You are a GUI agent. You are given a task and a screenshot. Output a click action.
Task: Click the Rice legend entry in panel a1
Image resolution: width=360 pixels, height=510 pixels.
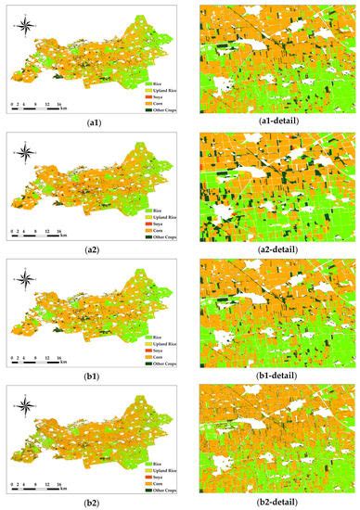tap(148, 83)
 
